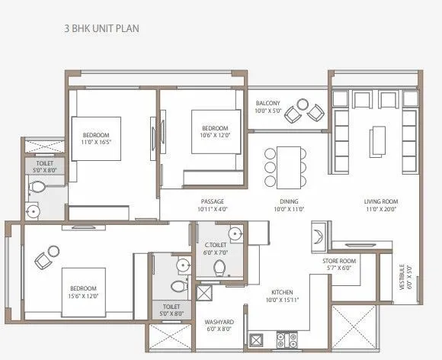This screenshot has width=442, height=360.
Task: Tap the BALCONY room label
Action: [268, 103]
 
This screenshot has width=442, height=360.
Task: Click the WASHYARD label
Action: [219, 322]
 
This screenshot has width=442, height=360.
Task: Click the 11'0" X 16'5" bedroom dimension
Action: [96, 141]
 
